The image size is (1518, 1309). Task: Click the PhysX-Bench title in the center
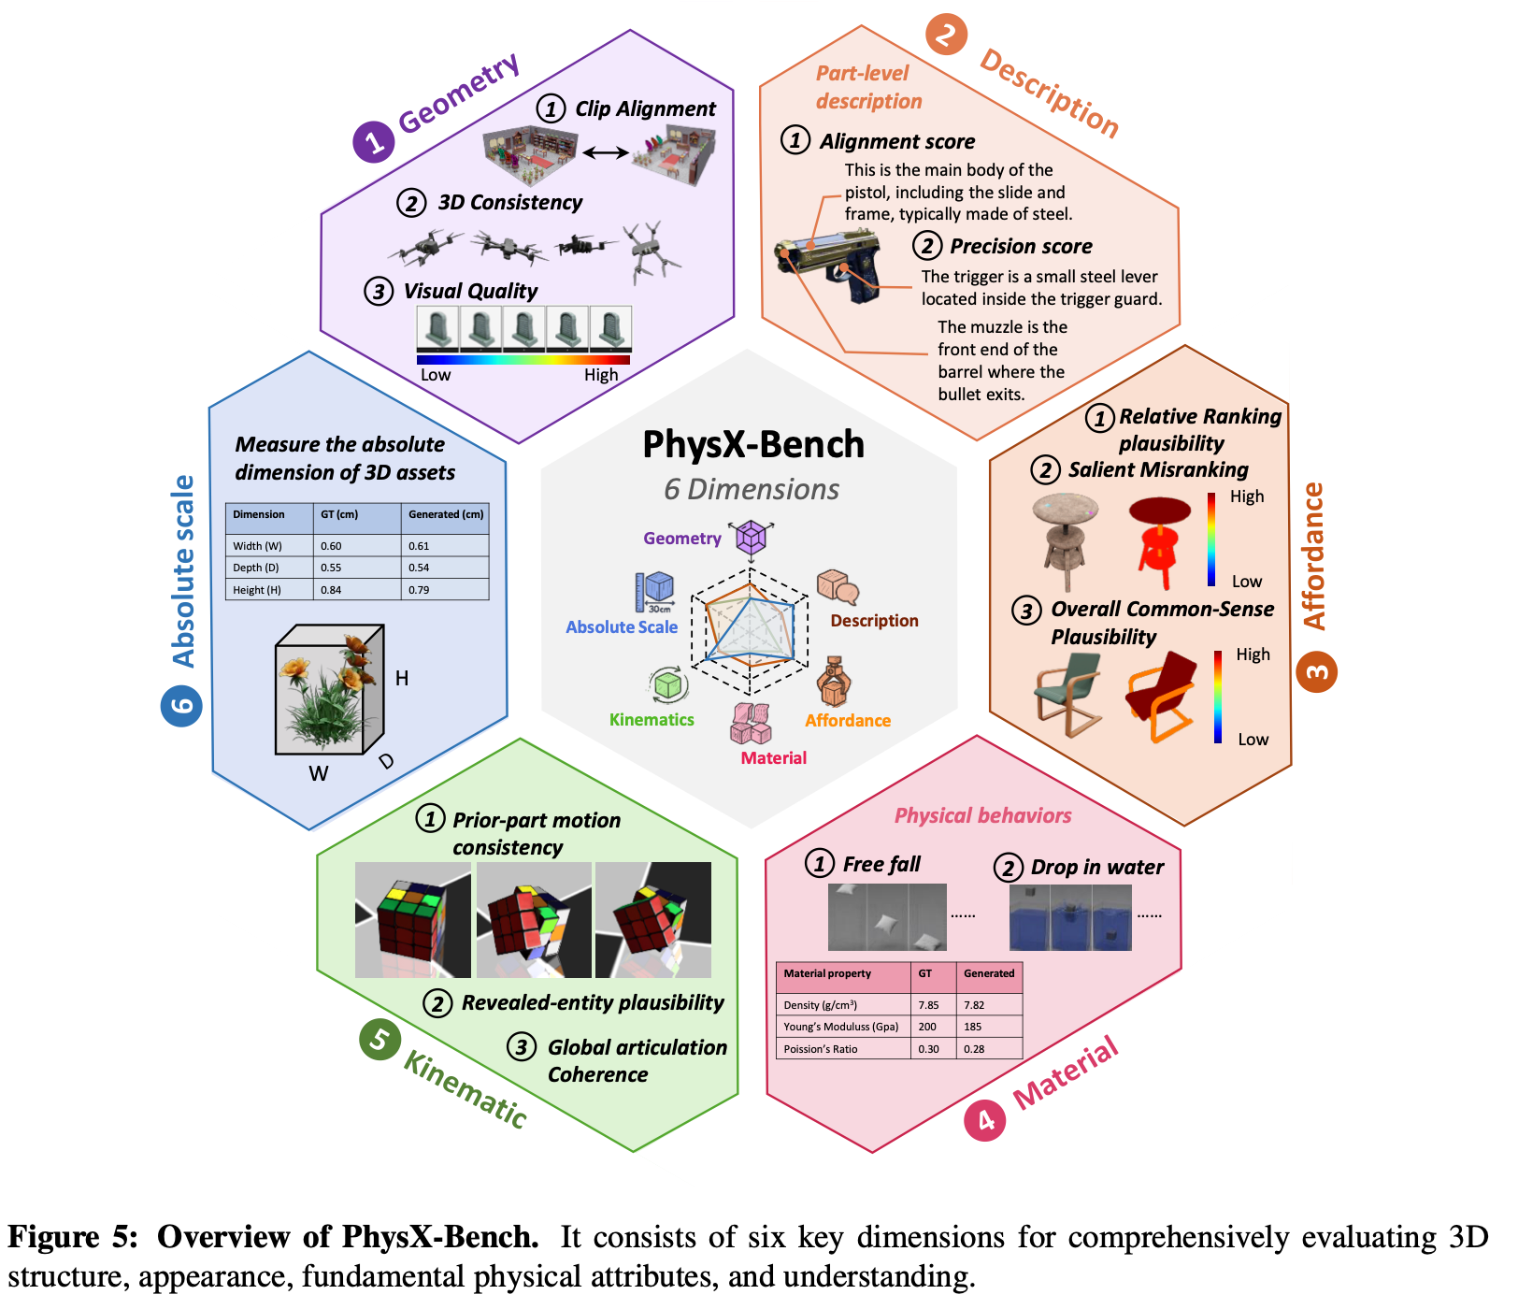click(x=753, y=445)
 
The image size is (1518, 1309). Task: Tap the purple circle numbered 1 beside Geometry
click(x=373, y=142)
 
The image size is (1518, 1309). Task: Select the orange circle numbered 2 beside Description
click(x=946, y=35)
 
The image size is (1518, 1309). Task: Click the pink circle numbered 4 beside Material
click(x=985, y=1120)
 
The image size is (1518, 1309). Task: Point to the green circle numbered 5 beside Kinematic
click(x=379, y=1040)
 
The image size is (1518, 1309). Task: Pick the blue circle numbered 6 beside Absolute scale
click(x=181, y=706)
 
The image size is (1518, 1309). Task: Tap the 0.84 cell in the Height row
click(x=331, y=590)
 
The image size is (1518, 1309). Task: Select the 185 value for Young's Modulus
click(x=973, y=1027)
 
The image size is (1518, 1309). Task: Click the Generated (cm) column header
click(x=446, y=514)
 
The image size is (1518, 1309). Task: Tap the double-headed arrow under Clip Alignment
click(x=606, y=152)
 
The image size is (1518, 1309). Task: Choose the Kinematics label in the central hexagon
click(x=652, y=720)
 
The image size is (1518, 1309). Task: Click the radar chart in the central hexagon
click(x=751, y=624)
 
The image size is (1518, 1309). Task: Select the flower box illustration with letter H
click(x=330, y=689)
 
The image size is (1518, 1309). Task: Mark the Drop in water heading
click(x=1096, y=868)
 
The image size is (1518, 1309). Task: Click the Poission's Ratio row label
click(x=821, y=1049)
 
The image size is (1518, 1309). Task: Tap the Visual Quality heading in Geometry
click(x=470, y=292)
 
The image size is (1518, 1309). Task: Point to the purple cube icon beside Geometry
click(x=752, y=538)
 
